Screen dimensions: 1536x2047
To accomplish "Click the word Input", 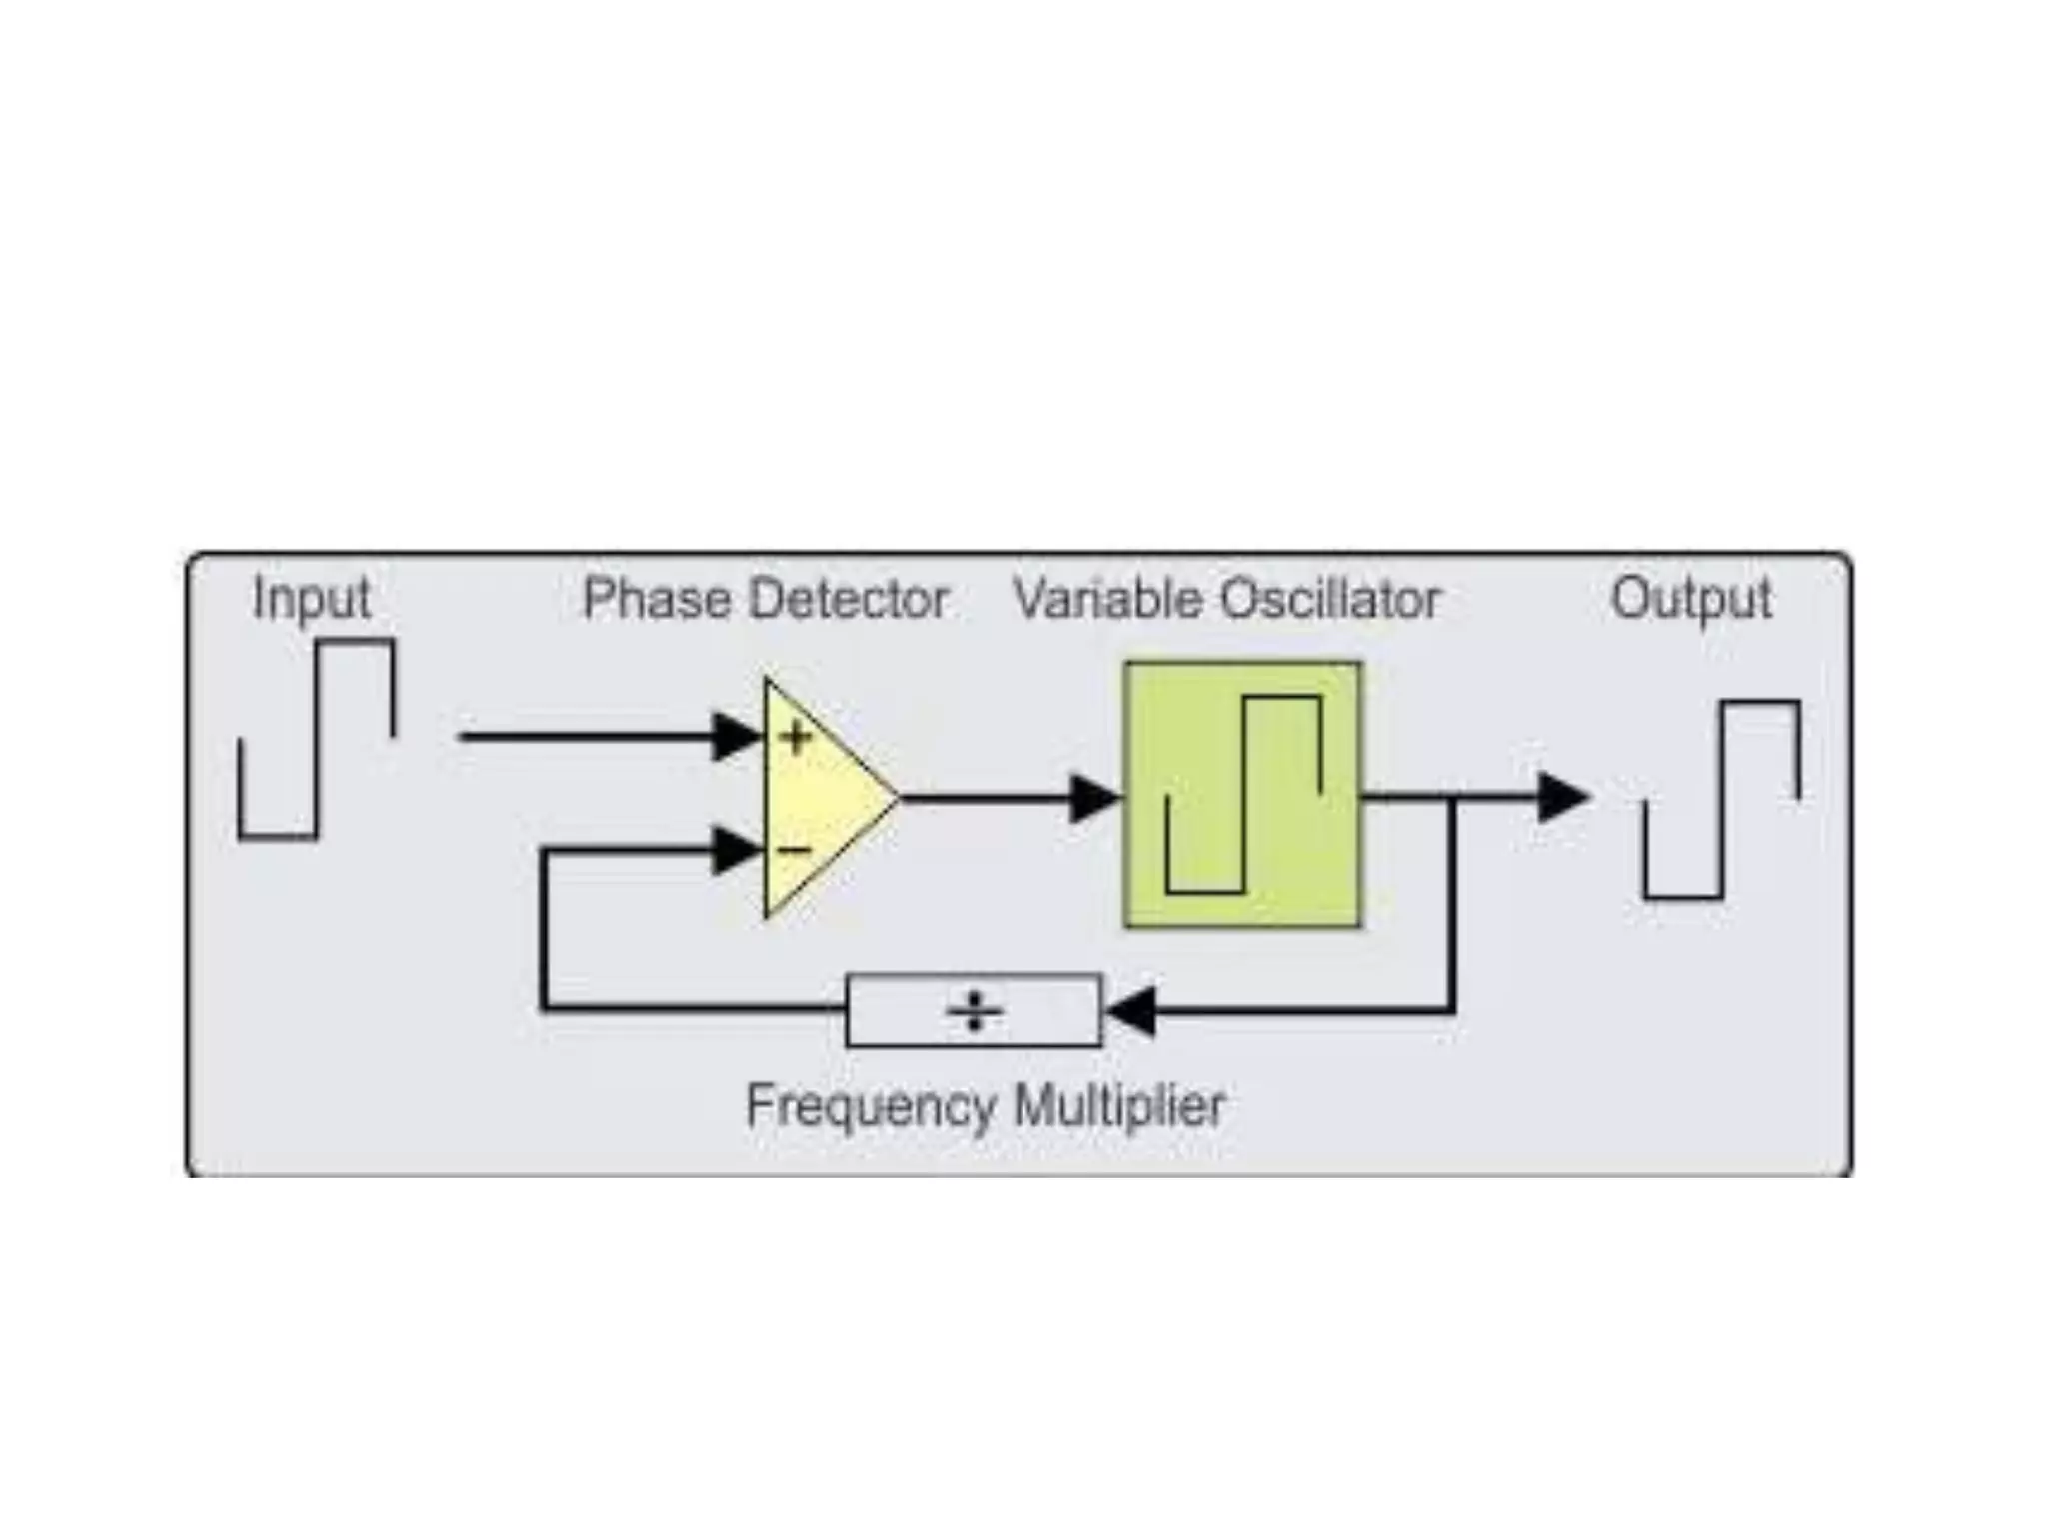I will point(311,600).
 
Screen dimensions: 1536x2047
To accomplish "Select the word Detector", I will point(849,599).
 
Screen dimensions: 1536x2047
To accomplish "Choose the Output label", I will point(1691,600).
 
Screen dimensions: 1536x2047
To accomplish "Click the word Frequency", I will point(871,1106).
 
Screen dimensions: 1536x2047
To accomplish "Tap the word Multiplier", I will point(1119,1106).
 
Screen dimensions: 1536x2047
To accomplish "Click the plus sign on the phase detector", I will point(797,738).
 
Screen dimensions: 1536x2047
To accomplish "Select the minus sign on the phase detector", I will point(795,851).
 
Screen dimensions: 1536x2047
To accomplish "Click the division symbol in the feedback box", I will point(975,1011).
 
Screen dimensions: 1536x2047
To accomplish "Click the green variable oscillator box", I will point(1242,795).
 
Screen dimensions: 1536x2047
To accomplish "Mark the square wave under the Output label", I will point(1722,800).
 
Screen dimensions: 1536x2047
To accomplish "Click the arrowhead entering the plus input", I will point(738,737).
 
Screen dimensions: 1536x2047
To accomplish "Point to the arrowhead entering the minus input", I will point(738,851).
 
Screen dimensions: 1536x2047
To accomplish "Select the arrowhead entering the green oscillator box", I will point(1095,798).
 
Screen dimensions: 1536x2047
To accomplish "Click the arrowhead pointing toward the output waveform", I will point(1562,797).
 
